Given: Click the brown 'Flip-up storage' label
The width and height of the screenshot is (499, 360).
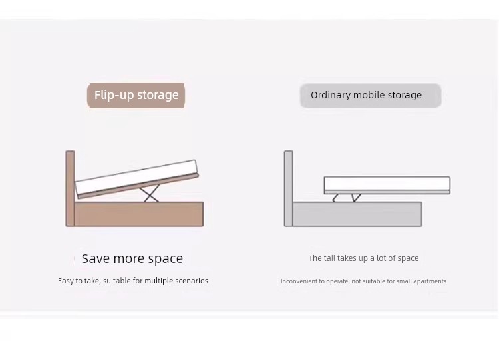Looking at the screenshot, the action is [136, 96].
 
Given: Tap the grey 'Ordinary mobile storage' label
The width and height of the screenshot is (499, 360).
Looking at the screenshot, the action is [371, 96].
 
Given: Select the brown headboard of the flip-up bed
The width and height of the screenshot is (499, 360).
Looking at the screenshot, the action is [70, 188].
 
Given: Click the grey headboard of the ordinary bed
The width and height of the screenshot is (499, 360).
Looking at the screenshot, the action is [288, 188].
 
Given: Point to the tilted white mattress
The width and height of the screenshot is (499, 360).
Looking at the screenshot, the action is [136, 177].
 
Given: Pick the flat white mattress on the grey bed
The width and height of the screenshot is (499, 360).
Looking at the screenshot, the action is [387, 184].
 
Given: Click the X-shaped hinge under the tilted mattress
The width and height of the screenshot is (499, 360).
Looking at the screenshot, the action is [150, 193].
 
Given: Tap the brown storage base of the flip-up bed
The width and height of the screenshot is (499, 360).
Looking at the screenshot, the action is [139, 214].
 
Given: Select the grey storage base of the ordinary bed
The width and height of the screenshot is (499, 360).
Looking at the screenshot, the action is [357, 214].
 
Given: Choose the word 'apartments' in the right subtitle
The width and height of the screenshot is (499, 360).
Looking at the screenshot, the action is [430, 281].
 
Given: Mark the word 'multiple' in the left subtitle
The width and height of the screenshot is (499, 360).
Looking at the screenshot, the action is [158, 281].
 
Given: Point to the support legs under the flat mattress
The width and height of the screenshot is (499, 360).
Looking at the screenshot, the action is [347, 198].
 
